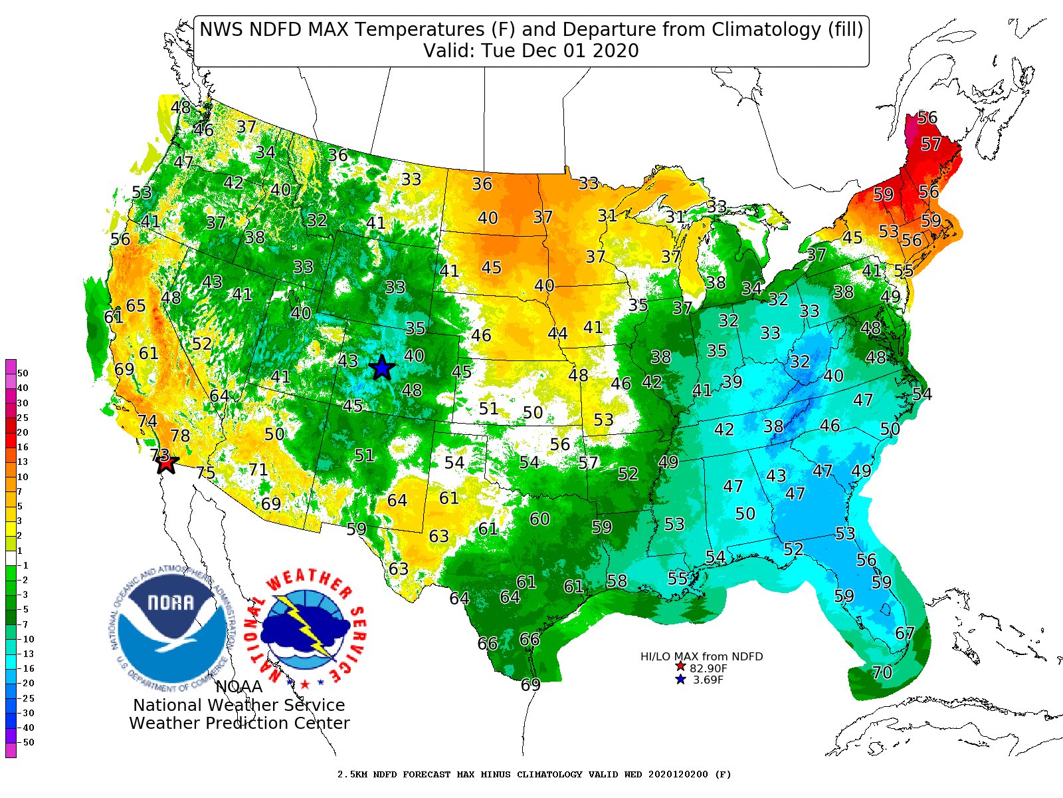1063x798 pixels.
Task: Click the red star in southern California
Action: point(166,463)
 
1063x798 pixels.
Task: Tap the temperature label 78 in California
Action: point(180,436)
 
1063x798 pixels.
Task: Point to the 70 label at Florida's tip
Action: point(882,672)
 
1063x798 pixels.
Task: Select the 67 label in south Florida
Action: point(905,633)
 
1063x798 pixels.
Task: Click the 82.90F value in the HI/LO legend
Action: point(708,668)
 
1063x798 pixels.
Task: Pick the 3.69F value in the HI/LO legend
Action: point(708,680)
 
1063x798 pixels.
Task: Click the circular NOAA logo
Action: point(172,628)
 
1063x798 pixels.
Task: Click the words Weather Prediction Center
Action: point(239,723)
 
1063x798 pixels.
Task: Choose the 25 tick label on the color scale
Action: point(23,418)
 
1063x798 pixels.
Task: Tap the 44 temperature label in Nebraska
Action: point(557,333)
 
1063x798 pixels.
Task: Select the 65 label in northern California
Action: point(136,306)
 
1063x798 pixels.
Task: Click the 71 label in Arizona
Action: point(258,470)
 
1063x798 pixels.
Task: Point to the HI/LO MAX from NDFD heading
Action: point(702,656)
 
